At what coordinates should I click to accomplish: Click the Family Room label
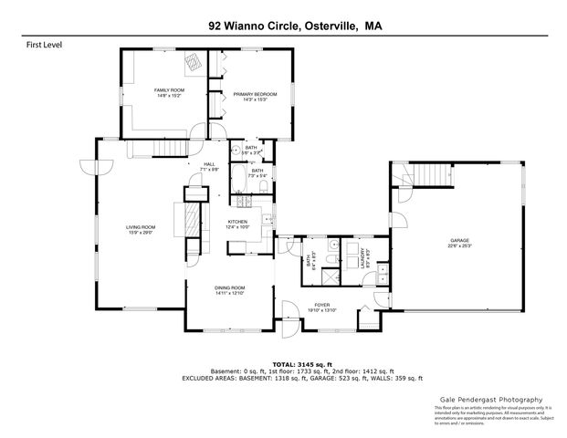pos(169,91)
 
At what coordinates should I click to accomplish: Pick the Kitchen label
pos(237,224)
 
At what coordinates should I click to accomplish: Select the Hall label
pos(208,167)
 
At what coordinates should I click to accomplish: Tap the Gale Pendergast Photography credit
pos(485,400)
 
